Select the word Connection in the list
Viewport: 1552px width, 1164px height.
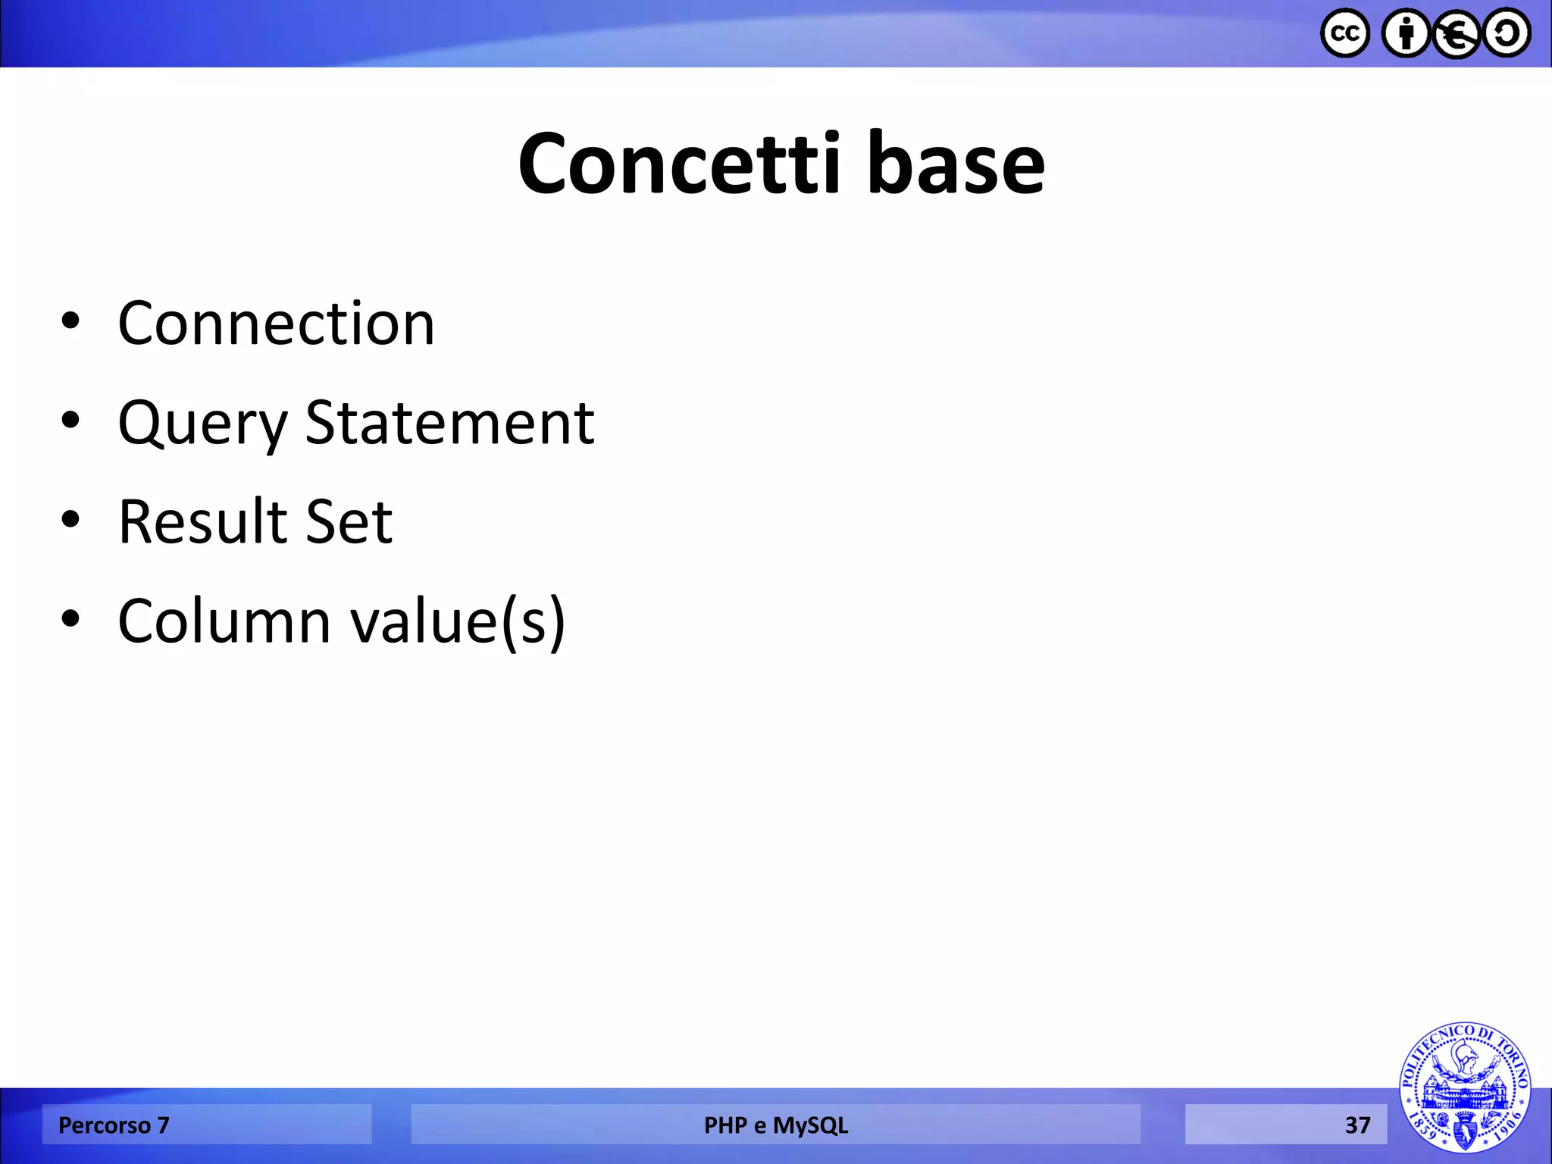277,324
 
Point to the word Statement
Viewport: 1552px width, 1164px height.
449,423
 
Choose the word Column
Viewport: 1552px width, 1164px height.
224,621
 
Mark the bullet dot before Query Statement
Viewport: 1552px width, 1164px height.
70,421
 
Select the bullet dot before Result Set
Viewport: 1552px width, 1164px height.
70,520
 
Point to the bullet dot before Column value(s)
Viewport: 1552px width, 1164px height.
70,619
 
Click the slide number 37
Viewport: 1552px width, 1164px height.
1357,1125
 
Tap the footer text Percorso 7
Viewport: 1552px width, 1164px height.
114,1125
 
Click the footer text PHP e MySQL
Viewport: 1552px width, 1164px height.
775,1125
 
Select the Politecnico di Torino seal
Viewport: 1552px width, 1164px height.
1464,1087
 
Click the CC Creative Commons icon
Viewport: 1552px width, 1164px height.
1344,33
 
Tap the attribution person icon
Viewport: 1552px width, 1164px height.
1406,33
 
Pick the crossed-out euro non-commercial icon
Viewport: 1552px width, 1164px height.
1456,33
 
